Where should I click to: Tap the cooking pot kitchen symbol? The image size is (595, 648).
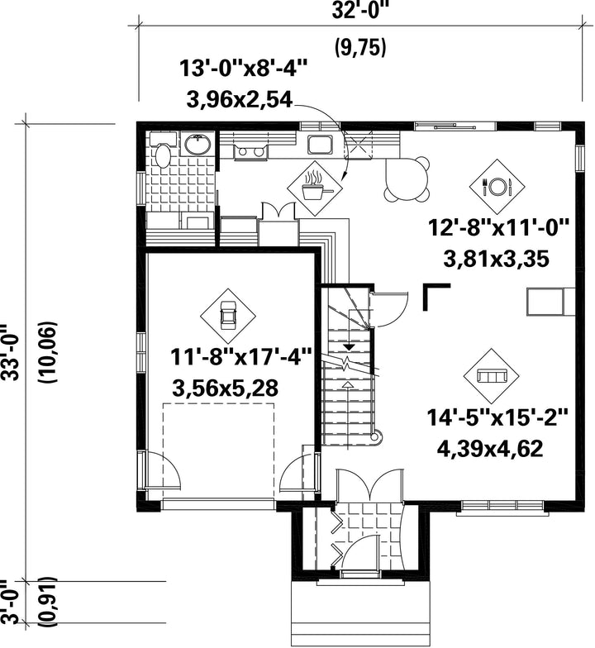[316, 188]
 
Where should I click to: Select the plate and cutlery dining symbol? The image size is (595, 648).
[497, 187]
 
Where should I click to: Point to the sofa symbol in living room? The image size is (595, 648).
[491, 376]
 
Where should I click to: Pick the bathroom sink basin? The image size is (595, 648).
[197, 145]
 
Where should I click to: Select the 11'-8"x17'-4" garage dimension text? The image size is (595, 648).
[241, 358]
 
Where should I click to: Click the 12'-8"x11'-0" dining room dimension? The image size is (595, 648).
[498, 228]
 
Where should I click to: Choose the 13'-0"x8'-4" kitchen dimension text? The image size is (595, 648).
[243, 68]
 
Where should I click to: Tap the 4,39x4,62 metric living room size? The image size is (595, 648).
[490, 449]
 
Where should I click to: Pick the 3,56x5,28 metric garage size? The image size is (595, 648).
[225, 388]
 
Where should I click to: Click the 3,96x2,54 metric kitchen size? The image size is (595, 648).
[240, 101]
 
